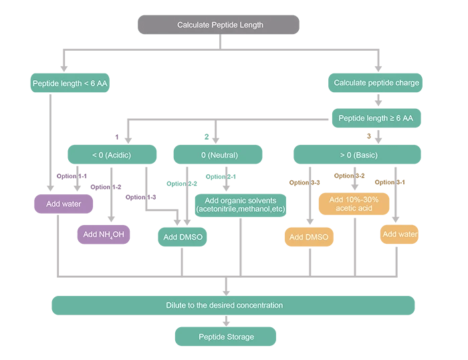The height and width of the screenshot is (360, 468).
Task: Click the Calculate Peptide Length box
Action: coord(219,25)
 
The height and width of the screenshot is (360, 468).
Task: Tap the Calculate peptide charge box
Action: coord(377,83)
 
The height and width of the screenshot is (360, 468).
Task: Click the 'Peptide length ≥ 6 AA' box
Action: coord(377,118)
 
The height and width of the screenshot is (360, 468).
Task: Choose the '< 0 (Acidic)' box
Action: coord(112,155)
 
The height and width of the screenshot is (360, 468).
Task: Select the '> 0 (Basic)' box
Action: coord(358,155)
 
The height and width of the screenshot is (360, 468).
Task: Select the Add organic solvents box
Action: coord(240,205)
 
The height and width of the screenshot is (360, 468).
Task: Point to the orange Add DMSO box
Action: coord(309,236)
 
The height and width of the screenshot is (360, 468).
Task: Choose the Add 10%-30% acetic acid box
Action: coord(354,204)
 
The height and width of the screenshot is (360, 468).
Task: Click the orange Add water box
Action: coord(400,234)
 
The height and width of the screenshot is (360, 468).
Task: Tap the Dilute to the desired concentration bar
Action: coord(233,305)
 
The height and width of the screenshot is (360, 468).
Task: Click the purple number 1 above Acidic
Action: coord(116,137)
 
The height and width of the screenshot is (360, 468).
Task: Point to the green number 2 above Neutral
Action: coord(207,137)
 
